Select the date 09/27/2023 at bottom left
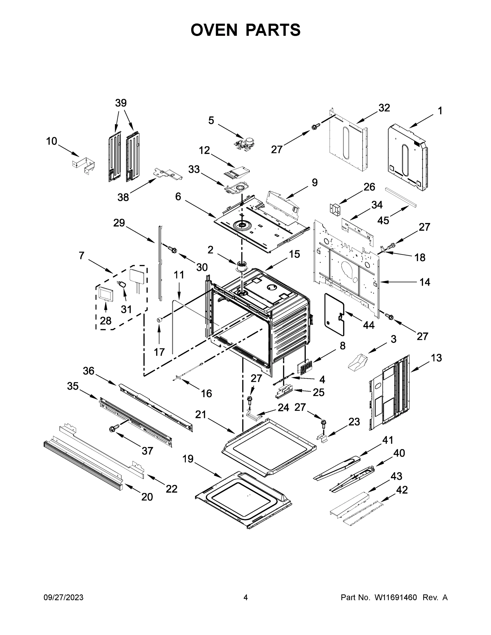click(x=64, y=597)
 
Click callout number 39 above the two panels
click(x=121, y=103)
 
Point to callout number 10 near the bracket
click(x=52, y=141)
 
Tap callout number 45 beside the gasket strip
click(x=383, y=220)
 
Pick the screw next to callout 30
click(x=172, y=249)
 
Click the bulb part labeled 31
click(x=123, y=284)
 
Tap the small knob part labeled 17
click(x=159, y=320)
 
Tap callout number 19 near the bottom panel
click(x=188, y=459)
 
